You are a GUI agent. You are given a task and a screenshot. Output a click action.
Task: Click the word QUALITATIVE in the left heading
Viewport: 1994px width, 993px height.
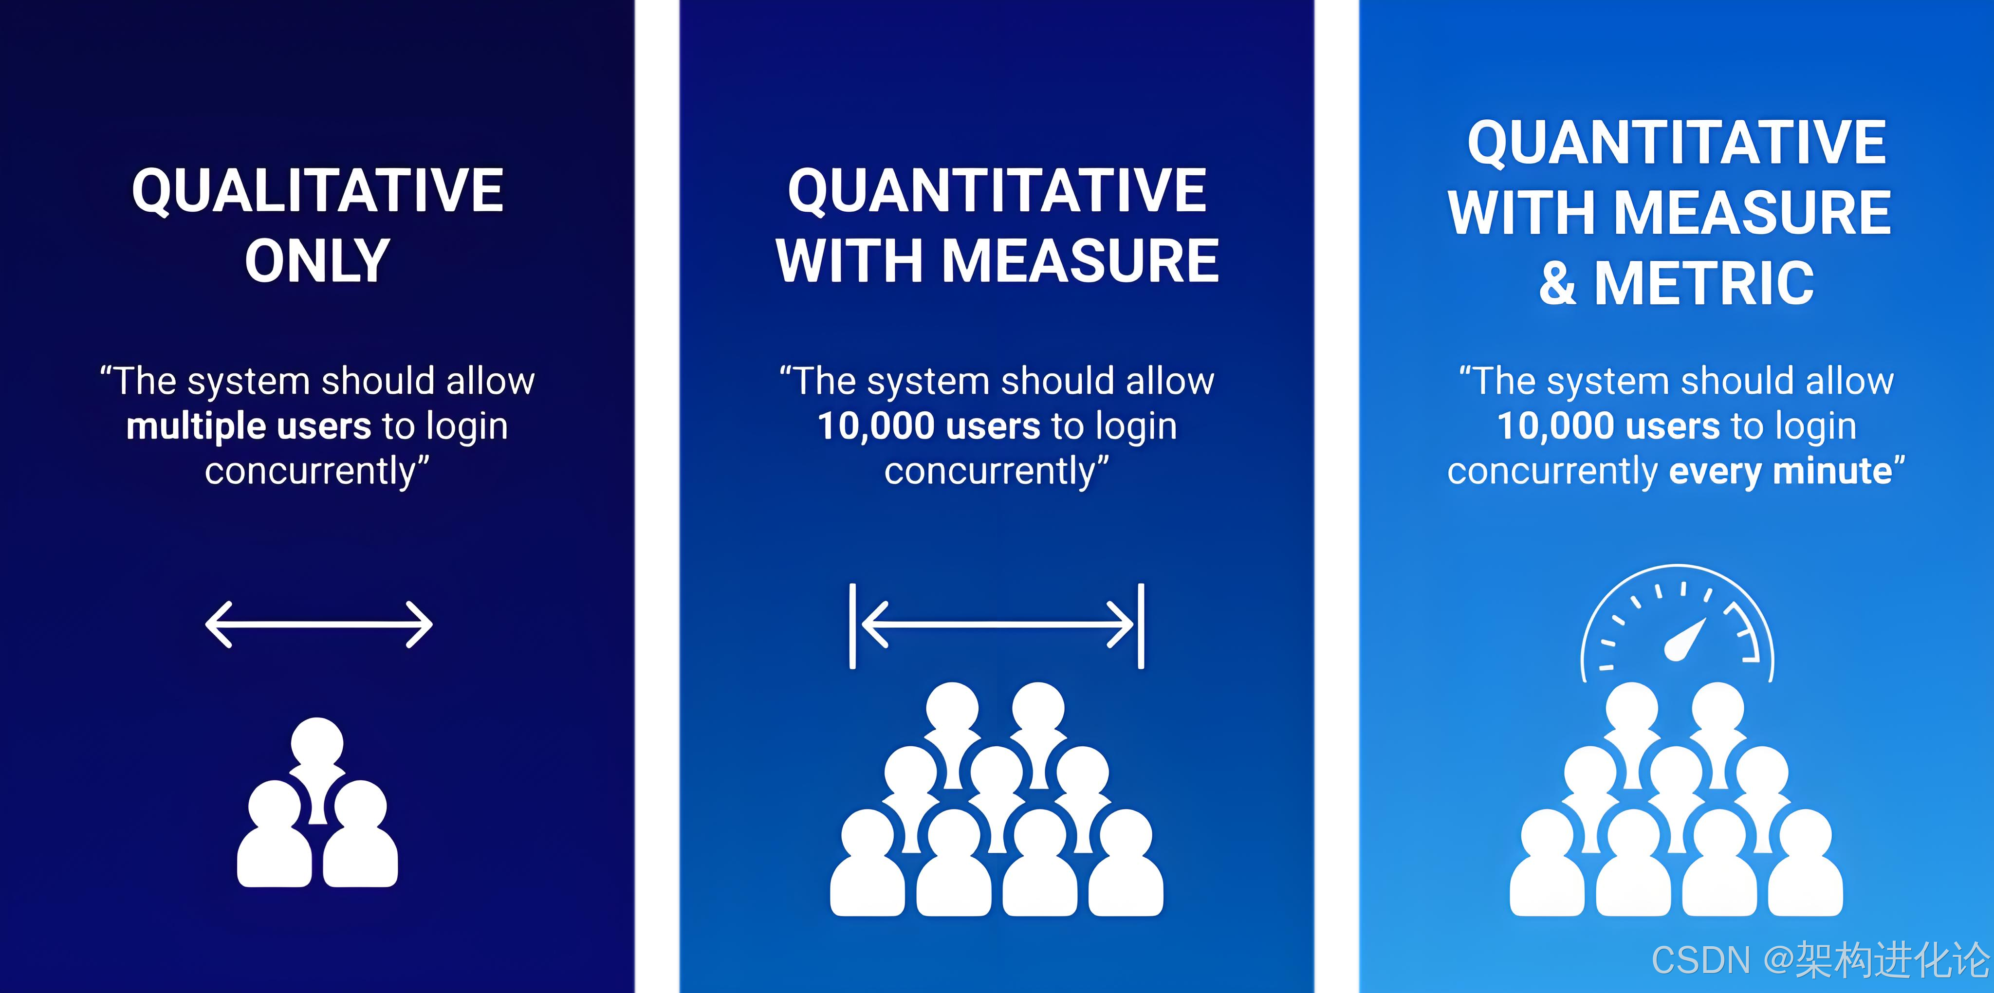tap(317, 190)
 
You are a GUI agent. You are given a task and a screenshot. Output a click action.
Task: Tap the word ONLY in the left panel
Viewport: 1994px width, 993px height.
tap(317, 261)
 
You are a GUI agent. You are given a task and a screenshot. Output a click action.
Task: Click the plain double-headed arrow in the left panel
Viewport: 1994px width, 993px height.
tap(318, 625)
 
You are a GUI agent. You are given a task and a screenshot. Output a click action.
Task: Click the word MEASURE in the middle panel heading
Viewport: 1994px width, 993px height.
tap(1080, 261)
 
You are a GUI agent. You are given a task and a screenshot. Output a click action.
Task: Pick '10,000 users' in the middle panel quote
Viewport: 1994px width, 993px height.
tap(929, 426)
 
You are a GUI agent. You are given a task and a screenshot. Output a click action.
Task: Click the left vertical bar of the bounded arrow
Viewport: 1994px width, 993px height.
tap(852, 625)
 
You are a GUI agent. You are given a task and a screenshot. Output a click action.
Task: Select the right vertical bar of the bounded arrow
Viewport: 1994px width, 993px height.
tap(1141, 625)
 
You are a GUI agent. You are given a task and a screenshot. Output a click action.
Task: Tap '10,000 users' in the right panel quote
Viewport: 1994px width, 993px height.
tap(1608, 426)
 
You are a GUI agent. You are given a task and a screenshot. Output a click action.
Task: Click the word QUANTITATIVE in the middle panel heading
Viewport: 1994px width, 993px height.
tap(997, 190)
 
